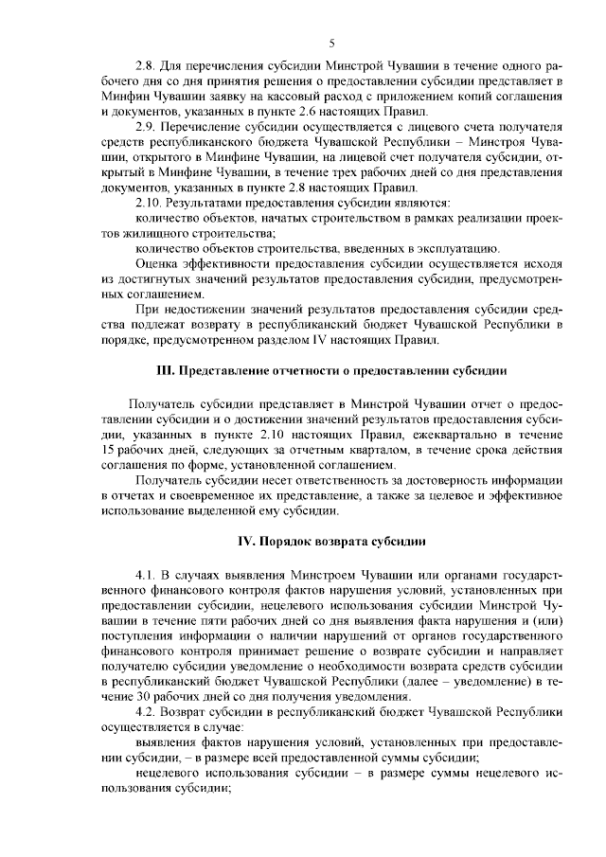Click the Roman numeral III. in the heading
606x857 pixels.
pyautogui.click(x=167, y=370)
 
